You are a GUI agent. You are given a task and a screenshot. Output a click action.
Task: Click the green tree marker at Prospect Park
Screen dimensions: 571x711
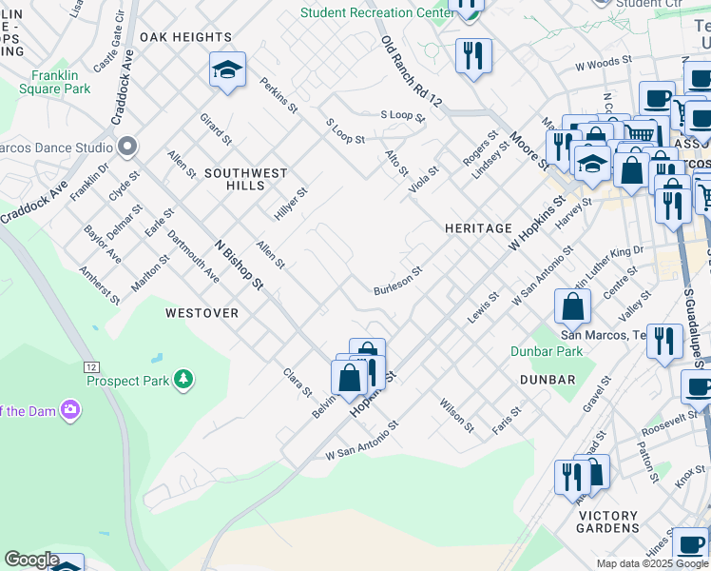(x=183, y=381)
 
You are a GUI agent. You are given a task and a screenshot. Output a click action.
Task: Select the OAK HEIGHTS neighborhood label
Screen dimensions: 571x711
(x=185, y=37)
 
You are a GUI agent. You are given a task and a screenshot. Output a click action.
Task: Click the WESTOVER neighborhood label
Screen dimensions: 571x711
(x=202, y=312)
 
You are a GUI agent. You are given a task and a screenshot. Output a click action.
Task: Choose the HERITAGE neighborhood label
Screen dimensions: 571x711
(x=478, y=228)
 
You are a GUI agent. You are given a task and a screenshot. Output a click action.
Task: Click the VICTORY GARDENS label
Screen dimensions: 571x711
(x=608, y=522)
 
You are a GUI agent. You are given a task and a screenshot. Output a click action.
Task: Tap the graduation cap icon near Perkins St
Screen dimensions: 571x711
(x=227, y=69)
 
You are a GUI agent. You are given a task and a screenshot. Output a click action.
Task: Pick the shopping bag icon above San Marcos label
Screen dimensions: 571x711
(x=572, y=306)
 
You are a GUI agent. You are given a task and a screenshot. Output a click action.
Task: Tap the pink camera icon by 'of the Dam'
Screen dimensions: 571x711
(x=69, y=410)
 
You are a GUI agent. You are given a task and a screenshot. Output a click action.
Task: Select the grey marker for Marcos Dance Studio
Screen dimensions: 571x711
(x=126, y=147)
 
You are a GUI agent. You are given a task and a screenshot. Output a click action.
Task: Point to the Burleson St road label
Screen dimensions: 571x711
(x=397, y=281)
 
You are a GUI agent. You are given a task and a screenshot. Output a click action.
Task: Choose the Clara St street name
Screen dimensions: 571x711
(x=298, y=382)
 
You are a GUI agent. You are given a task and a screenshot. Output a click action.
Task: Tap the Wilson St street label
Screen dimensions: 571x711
(x=457, y=415)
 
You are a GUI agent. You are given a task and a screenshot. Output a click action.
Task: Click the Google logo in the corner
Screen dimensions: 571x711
(x=30, y=560)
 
